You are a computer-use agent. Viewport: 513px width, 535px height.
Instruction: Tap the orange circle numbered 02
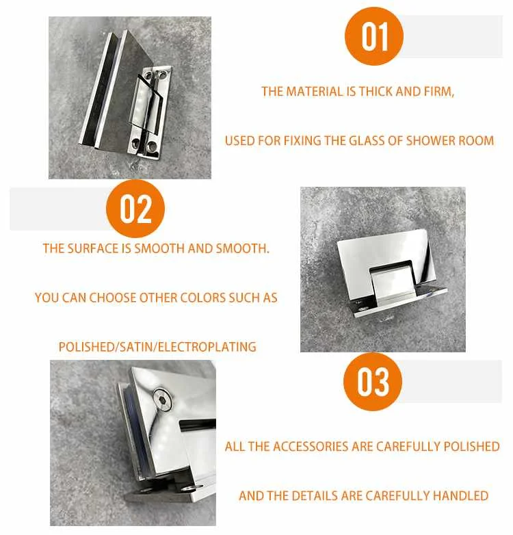click(x=135, y=209)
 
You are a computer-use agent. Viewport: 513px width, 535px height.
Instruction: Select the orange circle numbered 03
click(x=373, y=382)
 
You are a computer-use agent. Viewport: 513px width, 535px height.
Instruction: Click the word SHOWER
click(x=431, y=141)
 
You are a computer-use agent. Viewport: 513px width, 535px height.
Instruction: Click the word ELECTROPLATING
click(x=207, y=347)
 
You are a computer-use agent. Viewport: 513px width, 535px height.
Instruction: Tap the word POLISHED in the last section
click(x=472, y=447)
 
